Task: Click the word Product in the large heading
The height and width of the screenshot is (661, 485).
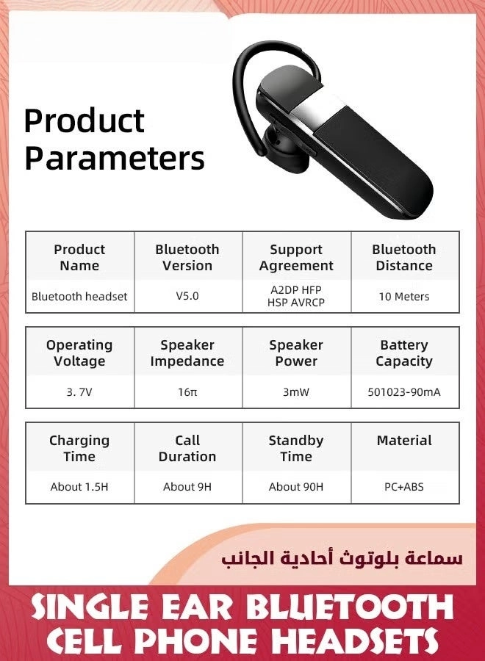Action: pos(84,122)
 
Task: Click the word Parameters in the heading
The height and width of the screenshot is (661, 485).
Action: pos(114,158)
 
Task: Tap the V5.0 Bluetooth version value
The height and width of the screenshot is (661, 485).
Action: pos(187,297)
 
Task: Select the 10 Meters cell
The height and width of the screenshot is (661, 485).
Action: pos(404,297)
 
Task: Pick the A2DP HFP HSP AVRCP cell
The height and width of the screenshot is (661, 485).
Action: pos(296,296)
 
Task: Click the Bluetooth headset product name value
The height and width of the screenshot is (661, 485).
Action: pos(79,297)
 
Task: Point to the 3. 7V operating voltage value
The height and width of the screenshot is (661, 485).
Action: pos(79,392)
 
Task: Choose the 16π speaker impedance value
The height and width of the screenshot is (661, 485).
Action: pos(187,392)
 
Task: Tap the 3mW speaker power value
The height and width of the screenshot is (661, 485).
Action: pos(296,392)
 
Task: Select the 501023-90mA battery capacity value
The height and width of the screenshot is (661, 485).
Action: pos(404,392)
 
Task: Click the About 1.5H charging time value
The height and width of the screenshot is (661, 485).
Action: pos(79,487)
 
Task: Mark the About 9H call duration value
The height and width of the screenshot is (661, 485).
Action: pos(187,487)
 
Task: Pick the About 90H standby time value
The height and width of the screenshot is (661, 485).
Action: pos(296,487)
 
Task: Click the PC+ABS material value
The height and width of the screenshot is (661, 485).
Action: pos(404,487)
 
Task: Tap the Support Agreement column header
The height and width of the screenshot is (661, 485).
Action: pos(296,258)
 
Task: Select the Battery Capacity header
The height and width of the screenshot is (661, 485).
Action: pos(404,353)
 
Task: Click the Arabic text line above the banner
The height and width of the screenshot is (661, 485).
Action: pos(342,558)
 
